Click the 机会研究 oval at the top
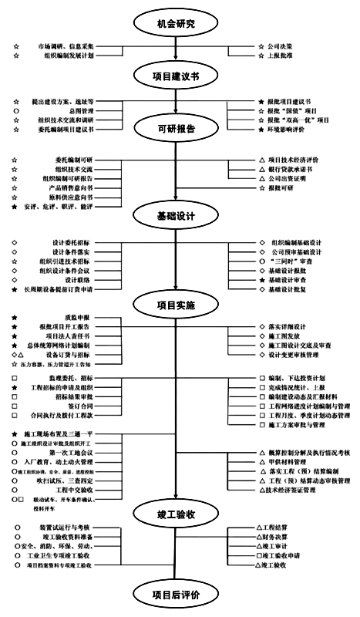[176, 24]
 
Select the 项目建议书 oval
[176, 75]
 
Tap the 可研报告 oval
[176, 126]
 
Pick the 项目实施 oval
[176, 305]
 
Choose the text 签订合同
[78, 406]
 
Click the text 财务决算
[274, 537]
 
